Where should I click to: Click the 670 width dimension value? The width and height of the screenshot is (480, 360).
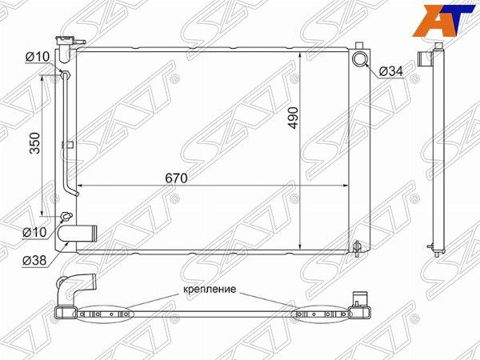[x=176, y=178]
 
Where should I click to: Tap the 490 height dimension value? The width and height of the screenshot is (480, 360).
[x=294, y=118]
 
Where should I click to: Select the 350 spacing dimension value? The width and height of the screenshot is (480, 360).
[x=35, y=143]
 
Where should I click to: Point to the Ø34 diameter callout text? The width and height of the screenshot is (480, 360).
[x=391, y=72]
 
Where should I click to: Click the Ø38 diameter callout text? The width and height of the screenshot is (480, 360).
[x=34, y=261]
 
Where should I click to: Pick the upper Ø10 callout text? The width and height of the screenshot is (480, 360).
[x=37, y=57]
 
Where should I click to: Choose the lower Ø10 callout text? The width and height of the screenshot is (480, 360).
[x=34, y=232]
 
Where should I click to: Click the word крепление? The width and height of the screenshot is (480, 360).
[x=210, y=289]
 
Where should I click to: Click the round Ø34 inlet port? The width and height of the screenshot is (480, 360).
[x=359, y=59]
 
